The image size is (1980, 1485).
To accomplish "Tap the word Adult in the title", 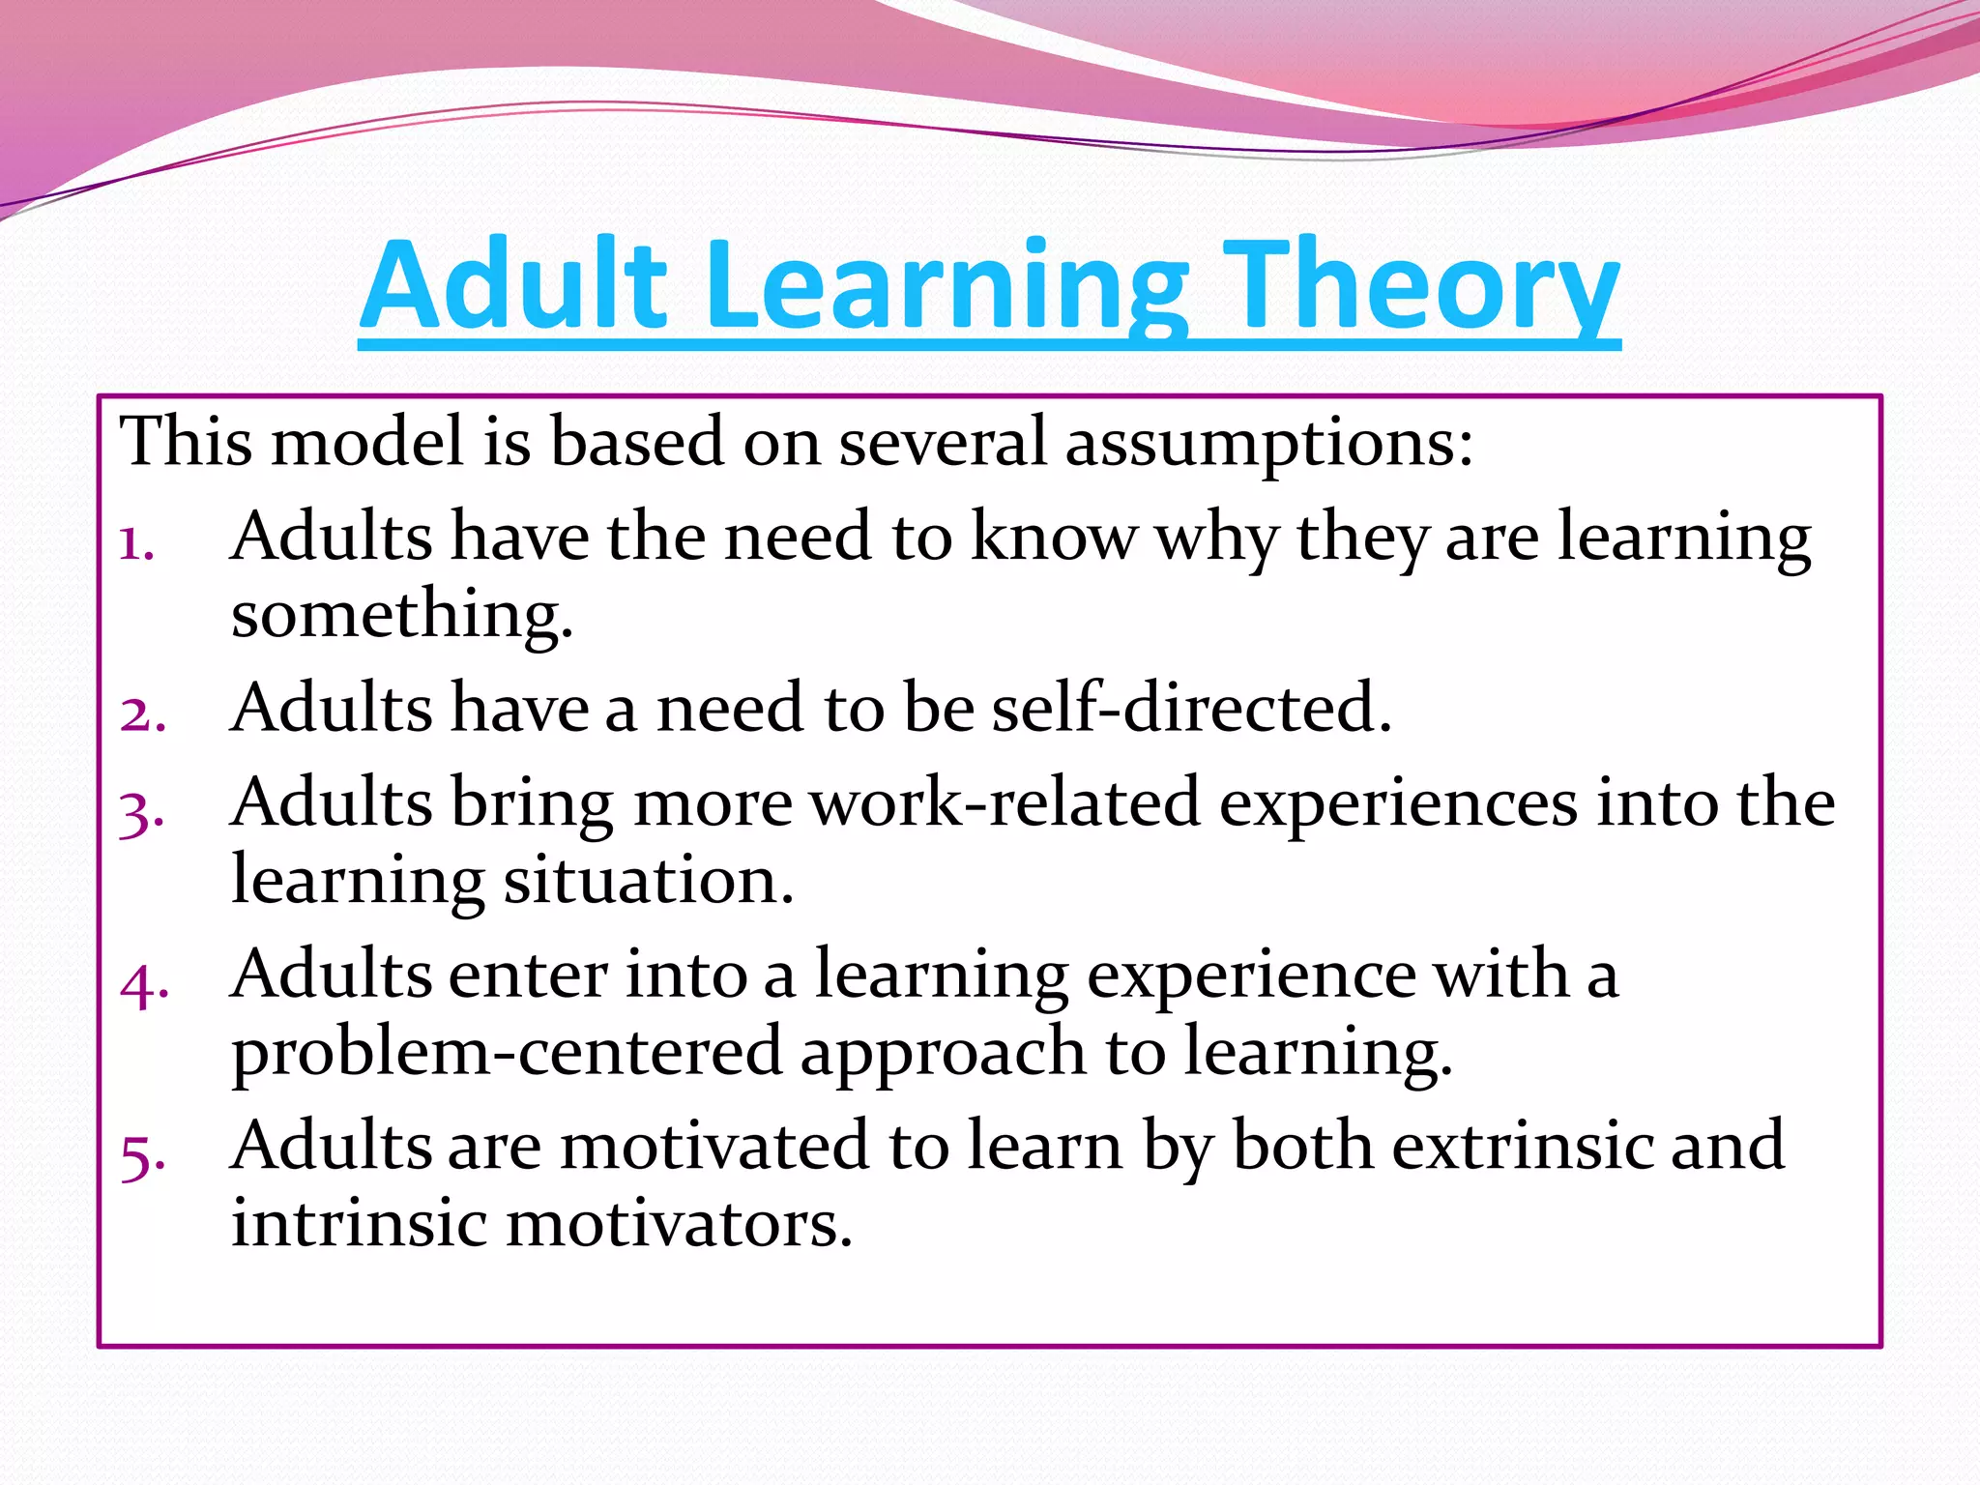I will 513,286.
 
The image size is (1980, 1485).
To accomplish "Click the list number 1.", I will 136,544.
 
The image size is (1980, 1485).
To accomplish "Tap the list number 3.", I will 141,812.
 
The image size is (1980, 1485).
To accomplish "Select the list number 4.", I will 144,985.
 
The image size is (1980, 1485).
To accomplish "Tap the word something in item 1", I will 401,615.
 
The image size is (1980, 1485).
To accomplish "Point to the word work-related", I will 1005,803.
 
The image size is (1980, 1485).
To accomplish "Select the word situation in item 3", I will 648,881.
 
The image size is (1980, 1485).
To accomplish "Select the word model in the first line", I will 367,443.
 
